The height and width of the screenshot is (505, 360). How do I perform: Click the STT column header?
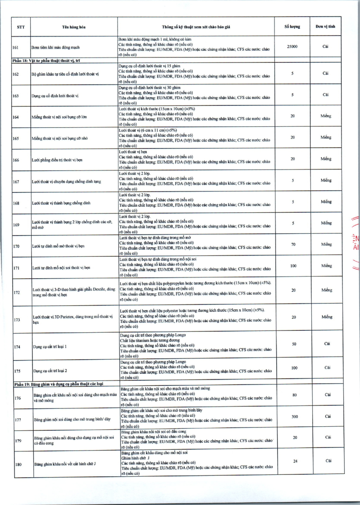coord(21,27)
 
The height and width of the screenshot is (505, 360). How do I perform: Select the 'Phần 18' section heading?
coord(47,59)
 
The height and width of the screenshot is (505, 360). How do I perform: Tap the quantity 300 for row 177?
coord(294,417)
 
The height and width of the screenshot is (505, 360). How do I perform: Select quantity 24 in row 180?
coord(295,461)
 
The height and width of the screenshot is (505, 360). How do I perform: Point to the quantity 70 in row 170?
coord(293,244)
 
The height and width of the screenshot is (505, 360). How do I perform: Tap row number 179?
coord(18,441)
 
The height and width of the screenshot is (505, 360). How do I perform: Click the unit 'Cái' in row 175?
coord(327,368)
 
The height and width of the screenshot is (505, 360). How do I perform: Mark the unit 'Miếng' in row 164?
coord(326,116)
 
